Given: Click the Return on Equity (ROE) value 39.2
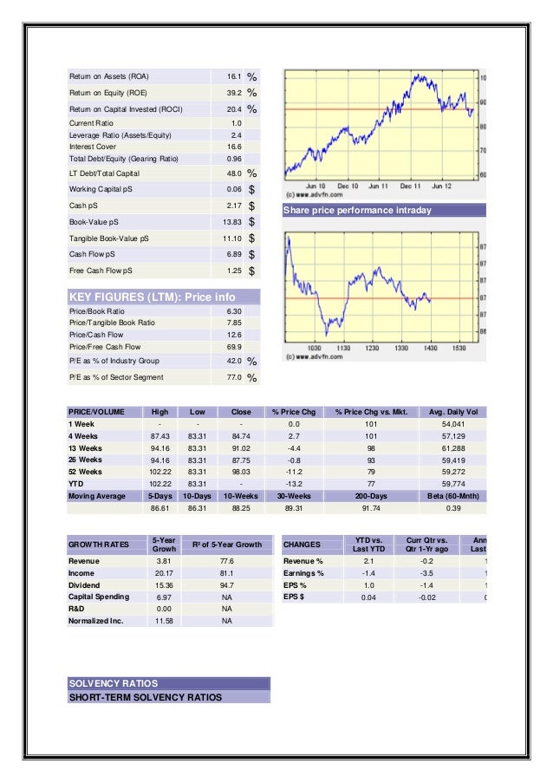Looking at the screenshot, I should [x=234, y=93].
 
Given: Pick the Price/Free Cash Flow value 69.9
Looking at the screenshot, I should [x=234, y=347].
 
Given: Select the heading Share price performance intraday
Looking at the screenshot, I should [x=358, y=211].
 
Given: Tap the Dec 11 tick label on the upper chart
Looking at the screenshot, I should [x=410, y=186].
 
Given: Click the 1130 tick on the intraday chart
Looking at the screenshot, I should [x=344, y=348].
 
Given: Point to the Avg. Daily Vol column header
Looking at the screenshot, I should [x=452, y=411].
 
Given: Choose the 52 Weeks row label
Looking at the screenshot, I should [x=85, y=471].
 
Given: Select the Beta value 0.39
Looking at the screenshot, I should [x=452, y=507].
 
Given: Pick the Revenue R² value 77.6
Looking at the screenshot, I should [x=226, y=562].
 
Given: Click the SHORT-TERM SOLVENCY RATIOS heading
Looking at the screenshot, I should [x=146, y=697].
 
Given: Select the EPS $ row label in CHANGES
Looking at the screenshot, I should [x=296, y=597].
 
